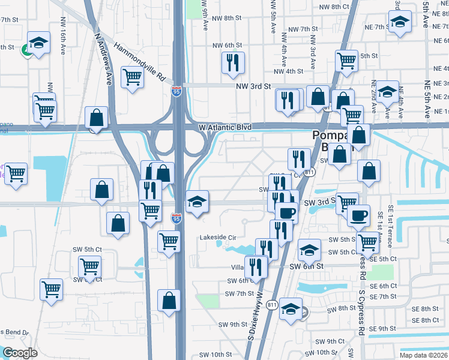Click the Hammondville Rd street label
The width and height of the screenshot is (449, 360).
[x=139, y=62]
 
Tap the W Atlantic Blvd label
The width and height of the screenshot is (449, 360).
[x=226, y=127]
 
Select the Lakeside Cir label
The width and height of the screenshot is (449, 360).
[x=220, y=237]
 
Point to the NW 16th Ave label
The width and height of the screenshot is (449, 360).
[x=62, y=35]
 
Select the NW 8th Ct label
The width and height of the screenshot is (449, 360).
[x=334, y=7]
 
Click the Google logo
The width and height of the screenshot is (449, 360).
[x=20, y=352]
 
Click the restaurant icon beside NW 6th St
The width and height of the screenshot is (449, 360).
[x=233, y=62]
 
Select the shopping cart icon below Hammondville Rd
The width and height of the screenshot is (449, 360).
[x=132, y=77]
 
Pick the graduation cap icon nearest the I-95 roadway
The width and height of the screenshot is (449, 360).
[x=196, y=202]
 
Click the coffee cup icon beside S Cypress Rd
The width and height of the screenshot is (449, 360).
[x=359, y=214]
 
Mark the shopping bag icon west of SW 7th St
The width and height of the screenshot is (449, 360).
[x=169, y=299]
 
